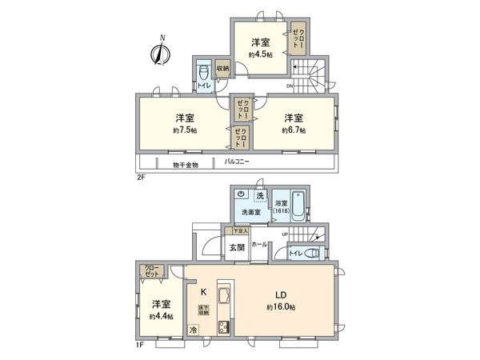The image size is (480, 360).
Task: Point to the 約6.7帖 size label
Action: (294, 130)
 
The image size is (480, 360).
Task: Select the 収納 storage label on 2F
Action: (222, 69)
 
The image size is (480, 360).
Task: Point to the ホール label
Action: (259, 243)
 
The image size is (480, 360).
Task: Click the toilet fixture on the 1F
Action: (312, 254)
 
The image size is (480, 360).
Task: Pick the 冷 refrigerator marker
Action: (194, 329)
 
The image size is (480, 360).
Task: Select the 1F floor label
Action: (139, 345)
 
